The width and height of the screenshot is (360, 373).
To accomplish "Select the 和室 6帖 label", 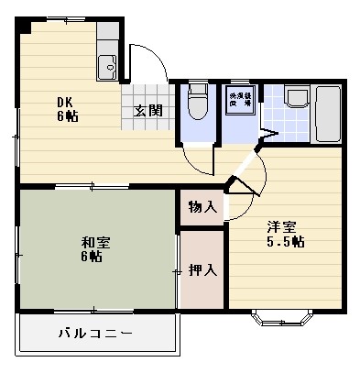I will pos(91,249).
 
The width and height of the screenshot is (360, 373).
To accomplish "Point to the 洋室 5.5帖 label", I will pos(285,234).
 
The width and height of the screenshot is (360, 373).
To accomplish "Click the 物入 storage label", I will pos(202,207).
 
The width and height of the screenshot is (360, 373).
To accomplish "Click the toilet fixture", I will pos(196,103).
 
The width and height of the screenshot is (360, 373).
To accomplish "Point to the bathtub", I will pos(328,115).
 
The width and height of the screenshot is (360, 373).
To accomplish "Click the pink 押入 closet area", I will pos(202,289).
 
